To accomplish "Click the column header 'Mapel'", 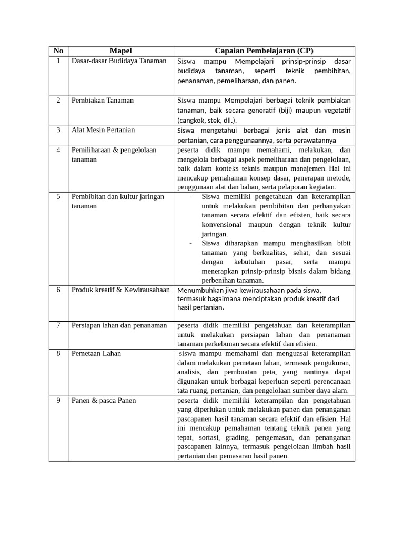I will [120, 51].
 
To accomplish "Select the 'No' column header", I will [58, 51].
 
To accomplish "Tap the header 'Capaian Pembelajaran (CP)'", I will [264, 51].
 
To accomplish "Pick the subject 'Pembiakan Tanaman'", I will [103, 101].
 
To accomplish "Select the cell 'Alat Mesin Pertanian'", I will [103, 130].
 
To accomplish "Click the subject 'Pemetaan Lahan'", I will [96, 353].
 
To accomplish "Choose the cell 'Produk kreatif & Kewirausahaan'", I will [120, 290].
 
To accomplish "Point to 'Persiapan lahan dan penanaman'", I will [119, 325].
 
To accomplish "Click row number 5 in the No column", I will [58, 197].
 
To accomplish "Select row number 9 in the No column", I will [58, 401].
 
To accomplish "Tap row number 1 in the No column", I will [58, 61].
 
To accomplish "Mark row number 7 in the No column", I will [58, 325].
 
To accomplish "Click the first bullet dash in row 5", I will [190, 197].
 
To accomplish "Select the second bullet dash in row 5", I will [190, 243].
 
